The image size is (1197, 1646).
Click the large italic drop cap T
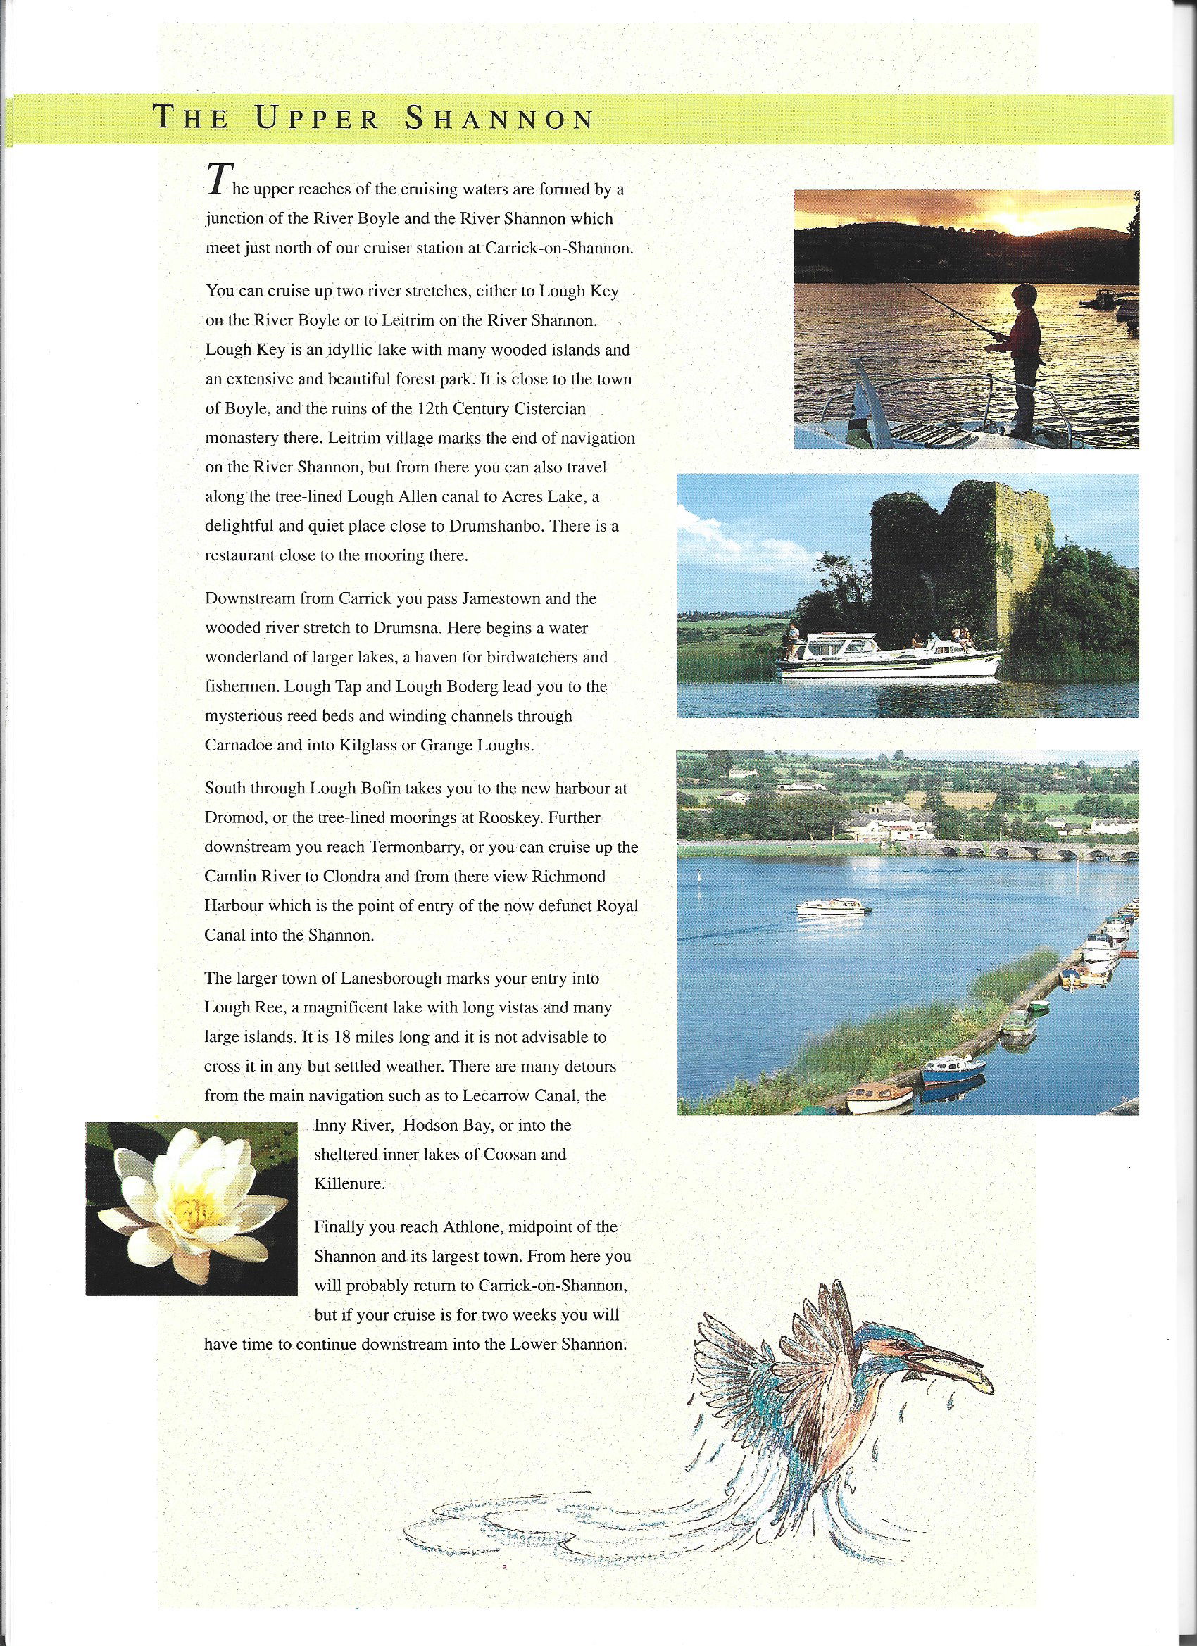215,180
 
